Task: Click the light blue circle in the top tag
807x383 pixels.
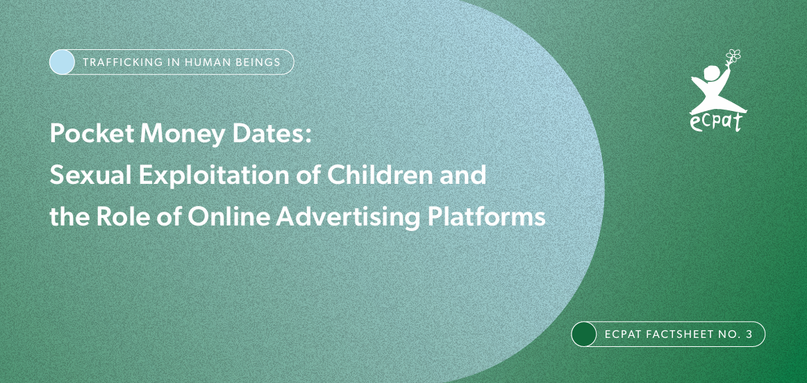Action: click(x=63, y=62)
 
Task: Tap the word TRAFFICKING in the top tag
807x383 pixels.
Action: click(x=116, y=62)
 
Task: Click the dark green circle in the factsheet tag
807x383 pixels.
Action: click(x=584, y=334)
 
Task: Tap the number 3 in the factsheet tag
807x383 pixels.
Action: click(x=749, y=334)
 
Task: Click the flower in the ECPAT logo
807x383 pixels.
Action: click(x=733, y=55)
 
